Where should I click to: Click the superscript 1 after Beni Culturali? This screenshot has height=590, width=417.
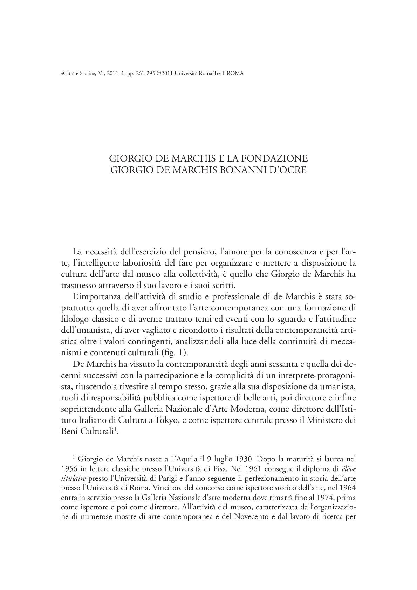click(x=115, y=430)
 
